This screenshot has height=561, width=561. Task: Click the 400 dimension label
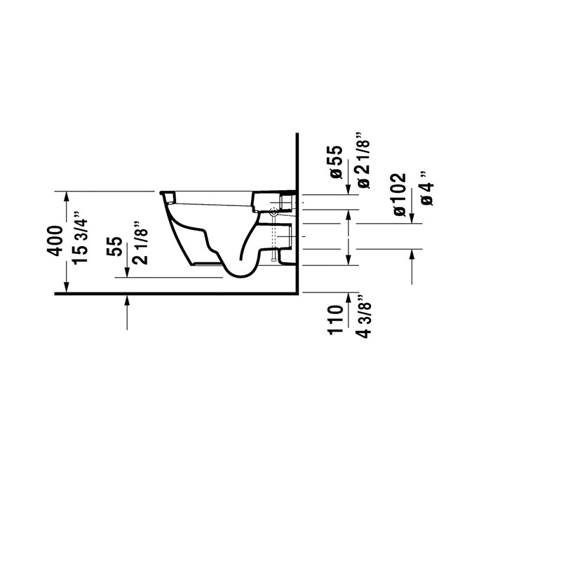[x=55, y=241]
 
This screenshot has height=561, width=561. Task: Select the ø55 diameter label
[x=337, y=162]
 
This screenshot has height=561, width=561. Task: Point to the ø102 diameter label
[x=399, y=195]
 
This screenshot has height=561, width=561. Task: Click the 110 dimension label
[x=336, y=320]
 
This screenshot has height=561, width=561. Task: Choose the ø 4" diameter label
[x=427, y=188]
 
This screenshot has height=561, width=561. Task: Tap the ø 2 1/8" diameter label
[x=363, y=161]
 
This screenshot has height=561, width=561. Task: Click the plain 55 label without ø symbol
[x=114, y=246]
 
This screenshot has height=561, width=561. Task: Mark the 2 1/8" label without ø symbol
[x=140, y=243]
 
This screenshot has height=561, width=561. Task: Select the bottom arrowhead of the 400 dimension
[x=66, y=288]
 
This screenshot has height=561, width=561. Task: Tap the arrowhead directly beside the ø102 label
[x=412, y=218]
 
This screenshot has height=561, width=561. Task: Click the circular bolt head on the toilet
[x=273, y=212]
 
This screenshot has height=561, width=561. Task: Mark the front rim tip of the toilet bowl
[x=161, y=192]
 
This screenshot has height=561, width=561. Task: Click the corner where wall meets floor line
[x=297, y=294]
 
